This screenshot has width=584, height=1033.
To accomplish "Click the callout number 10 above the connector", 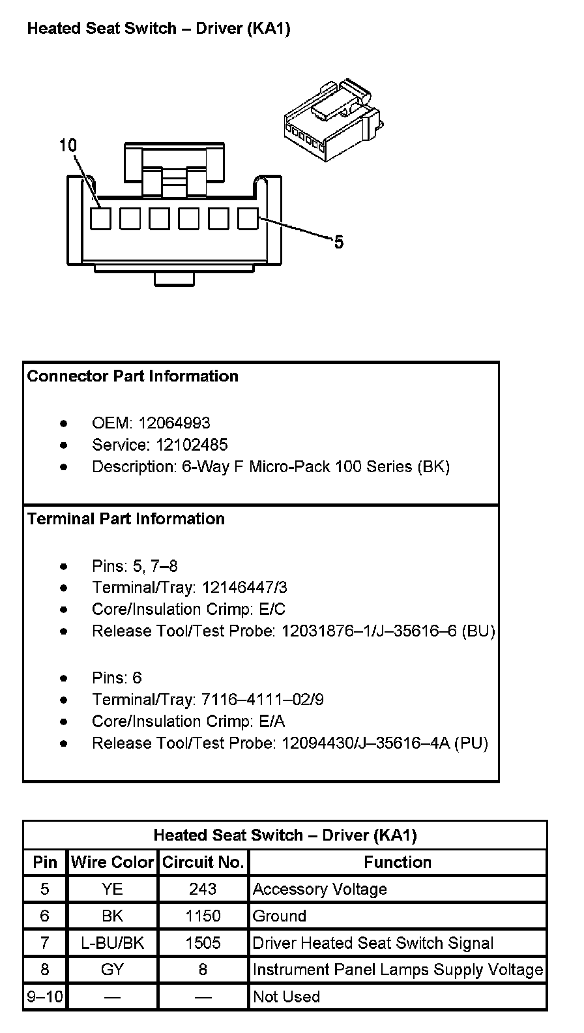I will [68, 145].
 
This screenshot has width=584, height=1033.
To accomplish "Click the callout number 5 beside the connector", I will [338, 243].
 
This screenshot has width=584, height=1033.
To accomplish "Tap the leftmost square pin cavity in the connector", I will [100, 218].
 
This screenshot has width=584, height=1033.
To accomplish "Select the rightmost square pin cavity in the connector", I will [248, 218].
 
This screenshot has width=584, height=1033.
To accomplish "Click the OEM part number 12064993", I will [174, 423].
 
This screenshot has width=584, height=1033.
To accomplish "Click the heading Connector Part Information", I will [133, 376].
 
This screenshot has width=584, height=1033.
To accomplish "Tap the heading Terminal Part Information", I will [126, 519].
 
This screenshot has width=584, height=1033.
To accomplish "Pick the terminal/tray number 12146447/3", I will [244, 588].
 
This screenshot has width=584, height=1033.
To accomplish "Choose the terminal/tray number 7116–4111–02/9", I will [263, 700].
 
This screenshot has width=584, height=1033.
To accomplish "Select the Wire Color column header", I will [112, 862].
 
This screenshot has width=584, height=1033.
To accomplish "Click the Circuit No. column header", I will [203, 862].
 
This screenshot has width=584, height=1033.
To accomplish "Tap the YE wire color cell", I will [112, 889].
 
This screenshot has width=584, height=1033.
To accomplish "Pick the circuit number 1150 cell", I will [203, 916].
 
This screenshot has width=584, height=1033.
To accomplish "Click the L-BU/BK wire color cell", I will [112, 943].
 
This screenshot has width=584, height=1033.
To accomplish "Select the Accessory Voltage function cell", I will [320, 889].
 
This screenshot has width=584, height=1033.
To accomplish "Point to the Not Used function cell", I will [286, 996].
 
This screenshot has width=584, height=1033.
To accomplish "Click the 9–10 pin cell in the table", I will [44, 996].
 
